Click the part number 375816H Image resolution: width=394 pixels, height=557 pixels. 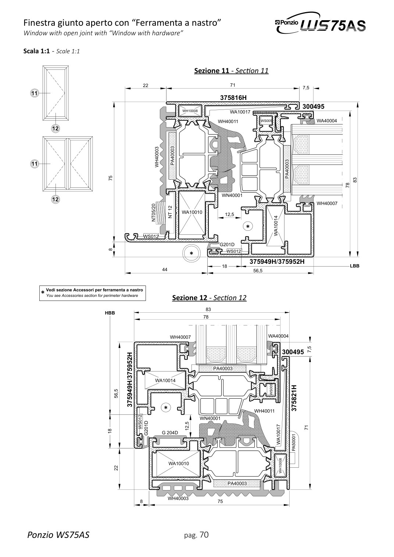point(233,98)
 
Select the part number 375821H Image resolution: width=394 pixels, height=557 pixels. point(294,398)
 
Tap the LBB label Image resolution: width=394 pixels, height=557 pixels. point(354,266)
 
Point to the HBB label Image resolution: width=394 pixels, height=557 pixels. point(110,313)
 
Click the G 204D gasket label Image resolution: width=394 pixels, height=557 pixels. point(170,432)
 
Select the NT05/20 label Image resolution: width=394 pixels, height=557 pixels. point(153,213)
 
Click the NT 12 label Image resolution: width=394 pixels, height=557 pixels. point(170,212)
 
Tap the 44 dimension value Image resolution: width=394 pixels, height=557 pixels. point(165,269)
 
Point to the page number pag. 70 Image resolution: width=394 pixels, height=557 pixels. point(196,534)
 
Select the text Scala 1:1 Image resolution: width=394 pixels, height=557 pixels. point(36,51)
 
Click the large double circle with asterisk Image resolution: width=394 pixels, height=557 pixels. point(191,253)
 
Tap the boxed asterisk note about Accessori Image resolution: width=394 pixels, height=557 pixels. point(93,293)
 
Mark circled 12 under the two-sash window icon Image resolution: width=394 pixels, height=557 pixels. point(55,199)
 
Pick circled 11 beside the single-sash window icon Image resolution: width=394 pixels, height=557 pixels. point(34,93)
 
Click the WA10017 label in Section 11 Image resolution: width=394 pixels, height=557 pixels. point(240,112)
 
